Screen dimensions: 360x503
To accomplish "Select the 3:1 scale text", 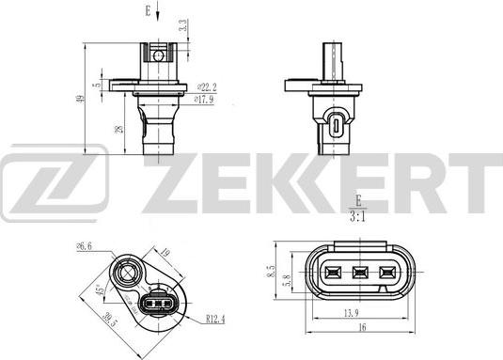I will pyautogui.click(x=357, y=213).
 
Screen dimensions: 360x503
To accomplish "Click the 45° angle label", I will pyautogui.click(x=97, y=290).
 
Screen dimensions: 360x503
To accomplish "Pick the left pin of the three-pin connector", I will pyautogui.click(x=330, y=274).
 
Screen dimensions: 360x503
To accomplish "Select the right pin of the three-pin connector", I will pyautogui.click(x=384, y=274).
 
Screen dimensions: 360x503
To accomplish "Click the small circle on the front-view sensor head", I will pyautogui.click(x=159, y=55).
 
